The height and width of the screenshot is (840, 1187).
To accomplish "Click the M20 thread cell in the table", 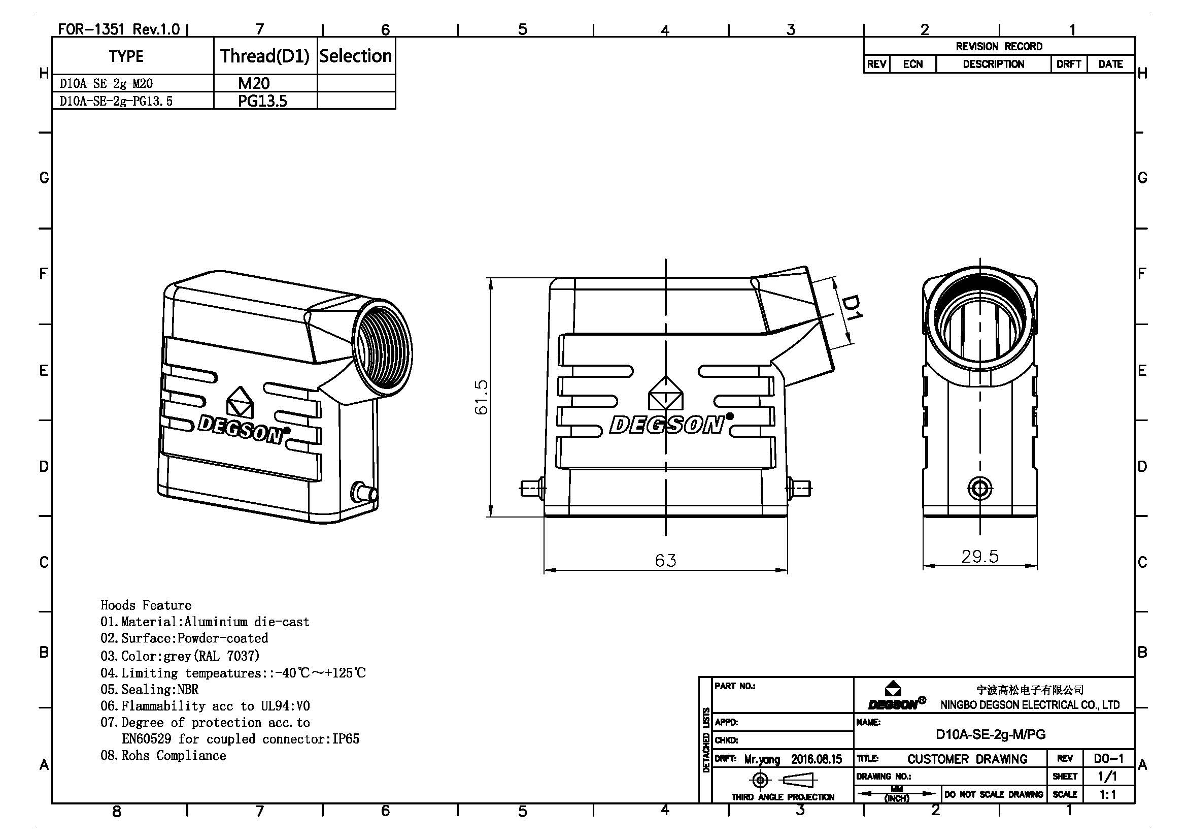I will [253, 83].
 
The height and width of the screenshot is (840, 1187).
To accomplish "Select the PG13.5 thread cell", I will [262, 101].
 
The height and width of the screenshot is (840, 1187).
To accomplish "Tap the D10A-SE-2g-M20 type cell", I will [106, 84].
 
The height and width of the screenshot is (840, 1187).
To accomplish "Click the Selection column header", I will [356, 56].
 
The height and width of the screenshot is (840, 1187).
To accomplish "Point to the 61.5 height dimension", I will [481, 397].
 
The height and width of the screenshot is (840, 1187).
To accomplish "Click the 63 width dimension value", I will [665, 561].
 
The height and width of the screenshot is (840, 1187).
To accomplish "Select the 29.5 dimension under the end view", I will [979, 557].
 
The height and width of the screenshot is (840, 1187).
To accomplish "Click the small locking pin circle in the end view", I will [979, 488].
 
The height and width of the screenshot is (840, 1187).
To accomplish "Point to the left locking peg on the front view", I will [531, 488].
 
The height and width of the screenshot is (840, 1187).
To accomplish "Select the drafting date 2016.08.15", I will [817, 759].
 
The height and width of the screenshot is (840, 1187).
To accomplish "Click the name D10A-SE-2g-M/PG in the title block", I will [991, 734].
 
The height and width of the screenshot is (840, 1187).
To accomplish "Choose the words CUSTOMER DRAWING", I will [967, 759].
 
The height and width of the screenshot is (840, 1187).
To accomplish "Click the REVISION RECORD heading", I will [999, 47].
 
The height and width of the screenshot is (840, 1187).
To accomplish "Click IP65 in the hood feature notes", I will [346, 738].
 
